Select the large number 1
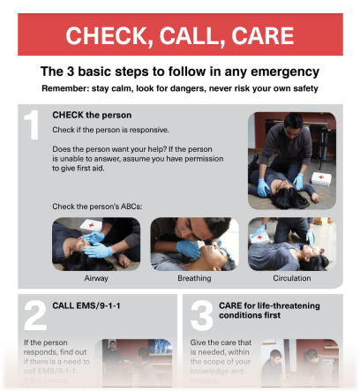point(32,126)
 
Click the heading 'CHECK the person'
point(92,115)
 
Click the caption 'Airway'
point(96,278)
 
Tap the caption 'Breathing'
point(194,278)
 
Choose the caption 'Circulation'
point(291,278)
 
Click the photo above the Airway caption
point(96,244)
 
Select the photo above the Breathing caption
point(194,244)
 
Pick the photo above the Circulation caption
point(292,244)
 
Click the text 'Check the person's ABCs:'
point(97,207)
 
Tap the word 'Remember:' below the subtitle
point(64,88)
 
